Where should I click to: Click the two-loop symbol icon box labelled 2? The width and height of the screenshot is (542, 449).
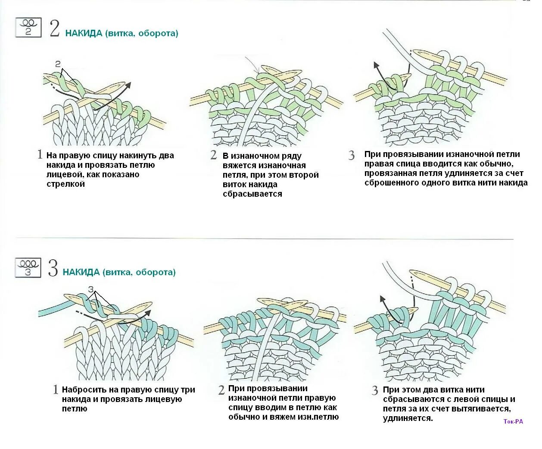28,27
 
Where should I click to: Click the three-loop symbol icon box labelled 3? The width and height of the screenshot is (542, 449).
28,267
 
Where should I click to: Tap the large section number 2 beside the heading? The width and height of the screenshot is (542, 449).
55,28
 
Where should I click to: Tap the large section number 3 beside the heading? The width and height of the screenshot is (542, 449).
53,269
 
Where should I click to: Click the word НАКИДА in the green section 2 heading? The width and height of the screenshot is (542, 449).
84,33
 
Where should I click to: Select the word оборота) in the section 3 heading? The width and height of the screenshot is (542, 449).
156,272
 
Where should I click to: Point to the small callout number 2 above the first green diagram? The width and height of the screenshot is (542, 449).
58,64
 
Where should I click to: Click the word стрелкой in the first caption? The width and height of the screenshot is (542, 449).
65,184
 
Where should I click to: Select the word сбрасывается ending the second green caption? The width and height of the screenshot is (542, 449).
252,194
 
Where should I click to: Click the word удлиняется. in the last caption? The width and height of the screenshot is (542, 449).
408,418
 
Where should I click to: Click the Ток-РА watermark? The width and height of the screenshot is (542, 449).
513,421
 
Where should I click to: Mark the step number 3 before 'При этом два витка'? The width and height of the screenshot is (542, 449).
375,391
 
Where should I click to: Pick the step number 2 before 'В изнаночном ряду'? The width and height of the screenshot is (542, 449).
214,155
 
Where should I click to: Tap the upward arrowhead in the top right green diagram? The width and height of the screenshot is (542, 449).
376,66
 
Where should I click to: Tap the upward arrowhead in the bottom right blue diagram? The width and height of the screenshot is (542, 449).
382,298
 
